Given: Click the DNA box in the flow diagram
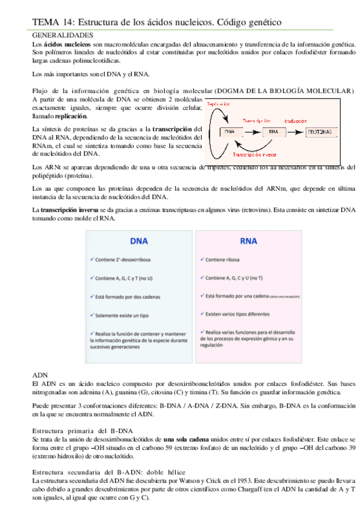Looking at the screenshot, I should tap(230, 131).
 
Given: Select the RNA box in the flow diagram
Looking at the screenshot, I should tap(274, 131).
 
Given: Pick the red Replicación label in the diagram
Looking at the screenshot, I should tap(219, 103).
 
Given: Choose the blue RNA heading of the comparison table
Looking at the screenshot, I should tap(248, 240).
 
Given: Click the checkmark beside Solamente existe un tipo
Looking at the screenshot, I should tap(91, 315).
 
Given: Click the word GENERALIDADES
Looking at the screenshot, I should tap(62, 36).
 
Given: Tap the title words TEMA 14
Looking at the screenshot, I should tap(48, 23).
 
